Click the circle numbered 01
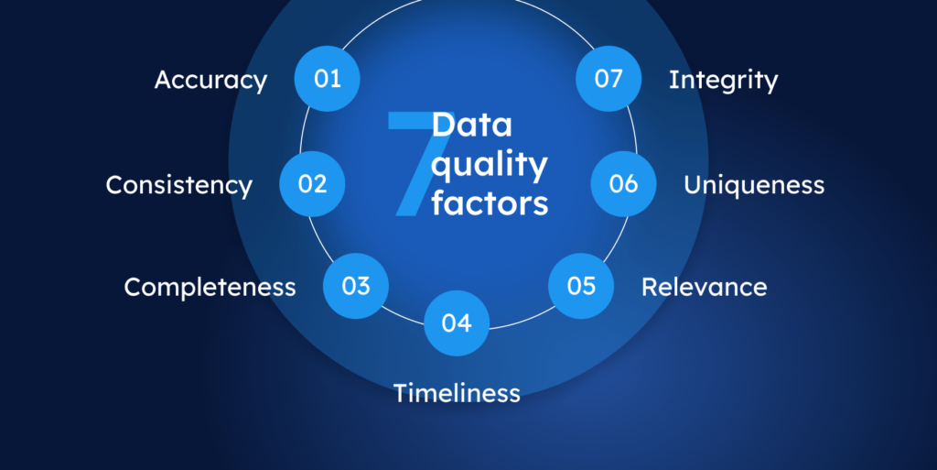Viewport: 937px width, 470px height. tap(327, 79)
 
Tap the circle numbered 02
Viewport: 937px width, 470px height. tap(312, 184)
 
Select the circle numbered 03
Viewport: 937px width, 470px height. tap(356, 286)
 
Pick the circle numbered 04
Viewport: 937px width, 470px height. tap(457, 323)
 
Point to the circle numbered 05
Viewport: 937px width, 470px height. tap(581, 286)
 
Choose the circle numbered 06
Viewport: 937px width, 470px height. tap(623, 184)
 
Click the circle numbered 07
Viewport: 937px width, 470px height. tap(609, 79)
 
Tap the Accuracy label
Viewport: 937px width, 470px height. tap(210, 81)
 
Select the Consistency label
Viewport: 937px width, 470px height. tap(178, 185)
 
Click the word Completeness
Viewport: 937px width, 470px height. tap(210, 288)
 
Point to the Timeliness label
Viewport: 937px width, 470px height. tap(457, 394)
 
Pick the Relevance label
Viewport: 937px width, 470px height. tap(704, 287)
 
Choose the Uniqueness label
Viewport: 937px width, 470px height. tap(754, 185)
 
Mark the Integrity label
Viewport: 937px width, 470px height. tap(723, 81)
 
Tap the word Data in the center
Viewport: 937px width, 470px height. tap(472, 126)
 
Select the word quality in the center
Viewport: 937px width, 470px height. tap(490, 166)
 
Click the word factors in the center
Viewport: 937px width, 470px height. tap(490, 202)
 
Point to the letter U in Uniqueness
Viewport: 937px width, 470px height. tap(694, 185)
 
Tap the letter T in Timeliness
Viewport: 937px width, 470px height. tap(401, 393)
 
